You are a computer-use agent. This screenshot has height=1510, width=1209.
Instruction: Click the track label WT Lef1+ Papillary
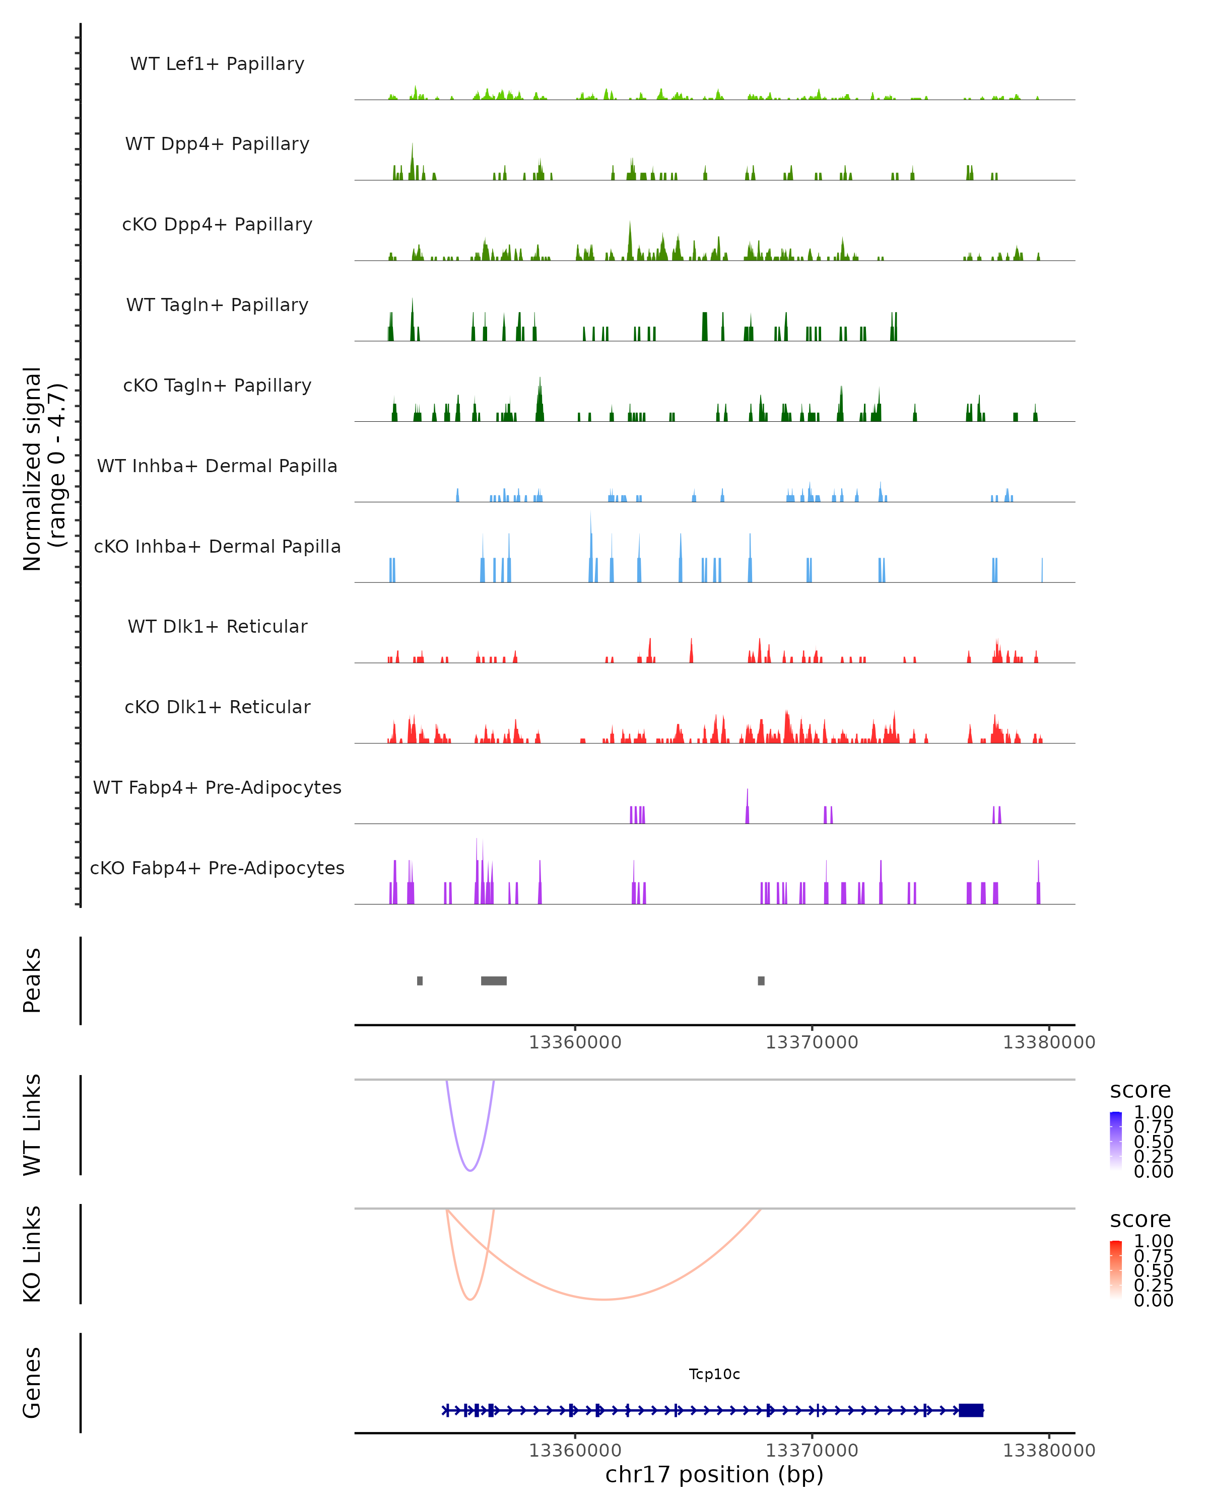[x=217, y=64]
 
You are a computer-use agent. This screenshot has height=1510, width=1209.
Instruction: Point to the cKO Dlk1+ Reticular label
[x=217, y=707]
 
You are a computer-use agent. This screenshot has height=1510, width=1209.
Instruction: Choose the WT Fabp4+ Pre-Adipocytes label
[x=217, y=787]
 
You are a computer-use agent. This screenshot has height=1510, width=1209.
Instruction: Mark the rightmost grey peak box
[x=761, y=980]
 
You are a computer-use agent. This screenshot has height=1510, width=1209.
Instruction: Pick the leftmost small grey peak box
[x=420, y=980]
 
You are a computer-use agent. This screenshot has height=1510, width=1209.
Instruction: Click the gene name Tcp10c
[x=714, y=1374]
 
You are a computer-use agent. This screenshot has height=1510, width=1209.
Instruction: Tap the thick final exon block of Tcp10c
[x=971, y=1410]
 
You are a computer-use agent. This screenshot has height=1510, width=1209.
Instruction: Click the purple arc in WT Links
[x=471, y=1170]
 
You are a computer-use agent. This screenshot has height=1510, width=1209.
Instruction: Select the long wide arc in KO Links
[x=603, y=1299]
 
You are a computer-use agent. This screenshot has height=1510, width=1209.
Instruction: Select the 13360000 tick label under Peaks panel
[x=575, y=1042]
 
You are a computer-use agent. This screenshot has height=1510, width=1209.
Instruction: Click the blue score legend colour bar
[x=1116, y=1140]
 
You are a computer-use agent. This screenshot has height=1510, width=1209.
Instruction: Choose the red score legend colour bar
[x=1116, y=1269]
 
